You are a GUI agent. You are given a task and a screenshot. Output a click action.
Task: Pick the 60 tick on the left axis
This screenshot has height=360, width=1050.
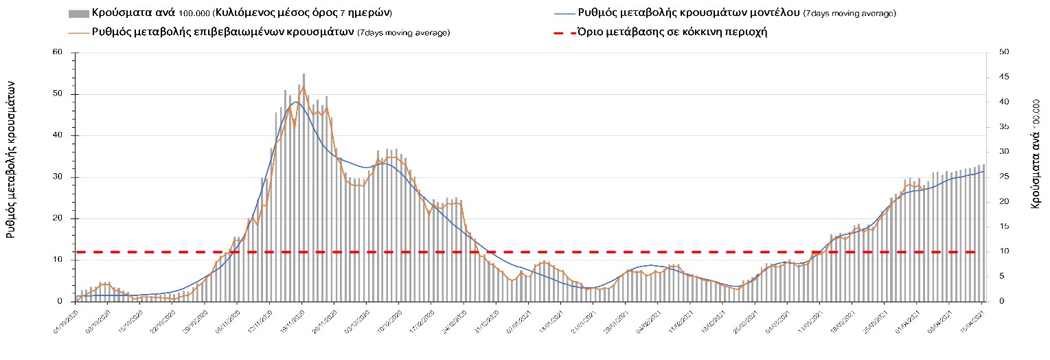(x=58, y=52)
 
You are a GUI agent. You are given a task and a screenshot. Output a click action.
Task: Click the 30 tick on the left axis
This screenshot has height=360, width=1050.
(x=58, y=177)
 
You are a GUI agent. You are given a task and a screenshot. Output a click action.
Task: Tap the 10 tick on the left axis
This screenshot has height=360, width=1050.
(x=58, y=260)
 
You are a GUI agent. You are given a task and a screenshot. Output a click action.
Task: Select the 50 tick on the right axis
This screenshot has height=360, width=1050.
(x=1004, y=52)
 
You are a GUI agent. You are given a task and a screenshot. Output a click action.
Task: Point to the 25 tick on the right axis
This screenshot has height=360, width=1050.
(x=1004, y=177)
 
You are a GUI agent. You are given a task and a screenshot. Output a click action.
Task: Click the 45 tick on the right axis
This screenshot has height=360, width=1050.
(x=1004, y=77)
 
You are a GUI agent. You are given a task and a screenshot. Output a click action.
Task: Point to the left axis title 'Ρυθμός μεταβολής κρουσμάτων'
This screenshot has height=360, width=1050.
(x=12, y=158)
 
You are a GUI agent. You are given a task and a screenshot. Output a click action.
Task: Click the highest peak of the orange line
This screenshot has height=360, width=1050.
(x=304, y=87)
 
